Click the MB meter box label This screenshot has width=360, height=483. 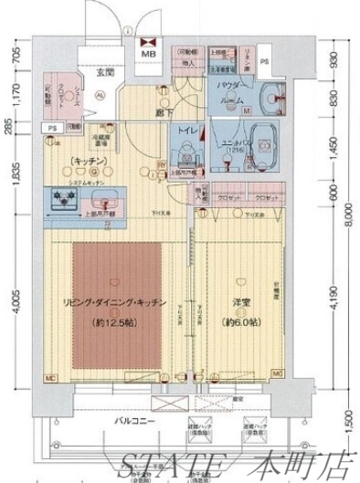[147, 55]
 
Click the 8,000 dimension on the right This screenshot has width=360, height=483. [350, 215]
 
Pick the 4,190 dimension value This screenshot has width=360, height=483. [335, 298]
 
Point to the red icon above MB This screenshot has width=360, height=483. [147, 40]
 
